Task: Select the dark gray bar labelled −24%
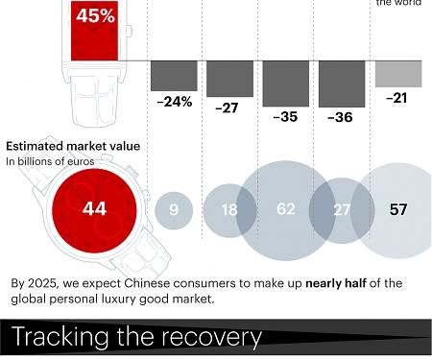click(174, 75)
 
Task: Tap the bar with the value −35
click(285, 82)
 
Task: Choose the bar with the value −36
click(341, 82)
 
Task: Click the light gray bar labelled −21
click(397, 73)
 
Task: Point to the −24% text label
click(174, 101)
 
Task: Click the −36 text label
click(341, 117)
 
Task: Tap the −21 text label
click(397, 99)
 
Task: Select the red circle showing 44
click(93, 208)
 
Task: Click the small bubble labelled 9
click(174, 209)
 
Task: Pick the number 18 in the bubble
click(229, 209)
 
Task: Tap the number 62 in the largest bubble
click(285, 209)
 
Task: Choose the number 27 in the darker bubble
click(341, 209)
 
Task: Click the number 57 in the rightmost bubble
click(397, 209)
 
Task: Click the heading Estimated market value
click(73, 146)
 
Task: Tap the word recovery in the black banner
click(212, 338)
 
